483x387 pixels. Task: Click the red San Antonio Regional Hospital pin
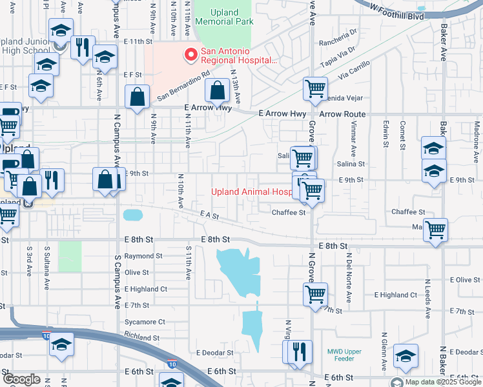(191, 55)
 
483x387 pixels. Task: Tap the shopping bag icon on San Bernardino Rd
(218, 91)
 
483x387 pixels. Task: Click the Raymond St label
(139, 256)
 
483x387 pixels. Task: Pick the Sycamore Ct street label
(145, 321)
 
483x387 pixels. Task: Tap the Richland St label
(141, 337)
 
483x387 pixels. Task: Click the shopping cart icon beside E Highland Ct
(315, 294)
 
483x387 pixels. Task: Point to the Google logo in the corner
(21, 379)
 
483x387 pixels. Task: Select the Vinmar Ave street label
(354, 145)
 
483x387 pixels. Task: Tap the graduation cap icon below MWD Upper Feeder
(406, 357)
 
